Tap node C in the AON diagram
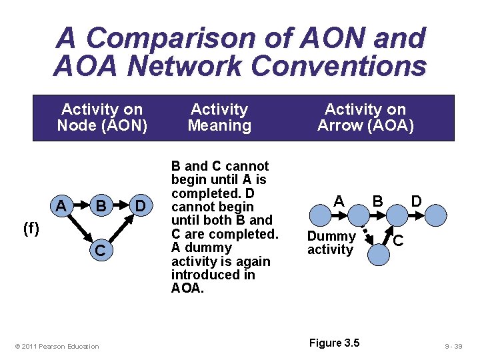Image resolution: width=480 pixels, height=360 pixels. click(x=100, y=251)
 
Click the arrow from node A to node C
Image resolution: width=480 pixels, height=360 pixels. click(x=80, y=228)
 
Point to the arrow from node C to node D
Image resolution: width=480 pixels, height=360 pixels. click(x=120, y=228)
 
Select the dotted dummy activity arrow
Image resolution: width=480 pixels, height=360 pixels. click(x=364, y=231)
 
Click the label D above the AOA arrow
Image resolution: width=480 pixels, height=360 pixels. click(x=416, y=201)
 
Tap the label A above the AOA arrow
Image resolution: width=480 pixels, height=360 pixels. click(x=339, y=201)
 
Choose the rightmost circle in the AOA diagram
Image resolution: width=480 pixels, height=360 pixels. click(x=436, y=215)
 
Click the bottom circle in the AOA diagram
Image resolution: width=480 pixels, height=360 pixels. click(x=378, y=254)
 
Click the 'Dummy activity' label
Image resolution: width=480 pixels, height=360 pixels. click(x=331, y=243)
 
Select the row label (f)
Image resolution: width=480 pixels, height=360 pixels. click(x=31, y=229)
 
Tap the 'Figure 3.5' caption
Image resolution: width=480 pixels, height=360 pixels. click(x=334, y=343)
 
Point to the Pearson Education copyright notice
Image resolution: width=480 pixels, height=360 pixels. click(x=57, y=346)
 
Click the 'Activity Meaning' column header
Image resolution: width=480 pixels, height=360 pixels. click(x=219, y=117)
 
